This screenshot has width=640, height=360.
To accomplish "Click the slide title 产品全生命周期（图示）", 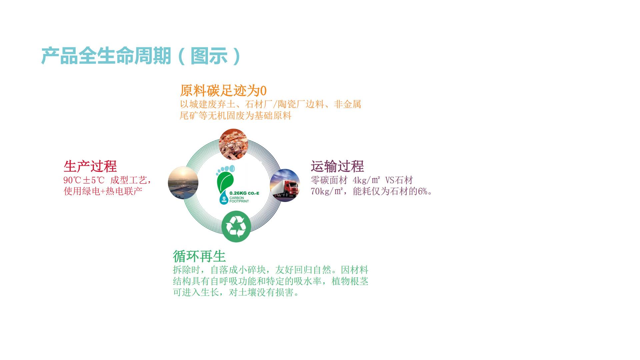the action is click(x=141, y=56).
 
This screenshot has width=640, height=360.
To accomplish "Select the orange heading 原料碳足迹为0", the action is click(x=223, y=91).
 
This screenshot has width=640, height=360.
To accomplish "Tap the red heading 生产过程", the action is click(x=90, y=166).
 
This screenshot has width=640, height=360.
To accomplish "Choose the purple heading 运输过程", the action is click(x=337, y=166).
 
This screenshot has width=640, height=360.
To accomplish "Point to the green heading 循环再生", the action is click(x=199, y=256).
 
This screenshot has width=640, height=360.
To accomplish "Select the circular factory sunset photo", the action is click(x=183, y=182).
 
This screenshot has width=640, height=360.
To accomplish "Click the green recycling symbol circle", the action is click(x=236, y=227).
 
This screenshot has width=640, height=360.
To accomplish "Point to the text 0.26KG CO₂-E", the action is click(x=244, y=193).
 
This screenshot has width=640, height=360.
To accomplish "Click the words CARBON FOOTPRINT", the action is click(x=239, y=200).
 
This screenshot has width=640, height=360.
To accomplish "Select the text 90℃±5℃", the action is click(x=84, y=180).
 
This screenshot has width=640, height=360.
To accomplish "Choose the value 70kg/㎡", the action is click(x=326, y=192).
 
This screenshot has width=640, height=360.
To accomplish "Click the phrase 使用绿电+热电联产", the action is click(x=103, y=192).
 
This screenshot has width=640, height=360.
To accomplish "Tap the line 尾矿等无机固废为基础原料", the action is click(x=236, y=116).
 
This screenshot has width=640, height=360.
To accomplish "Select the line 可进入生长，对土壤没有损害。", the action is click(x=236, y=292).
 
